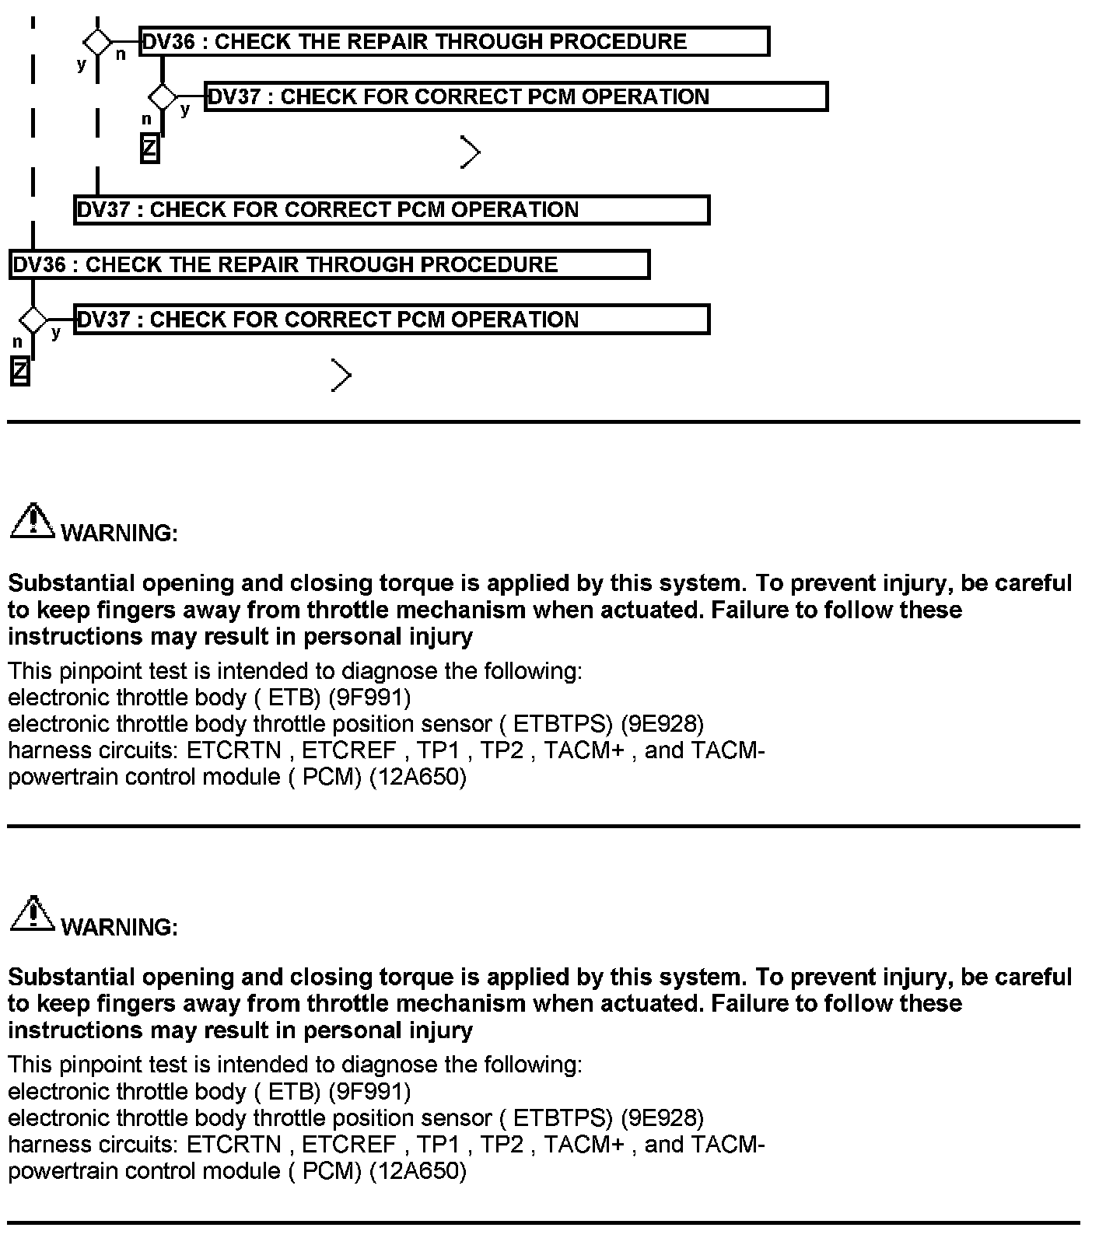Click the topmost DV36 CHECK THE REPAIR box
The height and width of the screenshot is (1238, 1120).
pos(454,42)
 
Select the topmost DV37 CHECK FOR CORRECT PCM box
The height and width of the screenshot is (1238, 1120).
pos(516,97)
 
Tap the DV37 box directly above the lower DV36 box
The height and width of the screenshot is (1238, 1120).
pos(392,210)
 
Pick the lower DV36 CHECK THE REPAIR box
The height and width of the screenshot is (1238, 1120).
pos(330,264)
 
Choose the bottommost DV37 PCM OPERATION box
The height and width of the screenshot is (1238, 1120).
pos(392,320)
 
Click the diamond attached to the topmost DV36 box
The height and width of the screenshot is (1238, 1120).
pos(97,42)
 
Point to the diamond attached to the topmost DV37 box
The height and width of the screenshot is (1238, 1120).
pos(163,97)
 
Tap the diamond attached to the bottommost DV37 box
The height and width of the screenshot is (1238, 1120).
pos(33,320)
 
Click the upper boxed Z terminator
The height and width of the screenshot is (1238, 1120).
pos(149,149)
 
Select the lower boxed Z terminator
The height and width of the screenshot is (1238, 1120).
pos(20,371)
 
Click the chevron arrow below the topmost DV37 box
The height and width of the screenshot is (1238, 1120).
pos(470,152)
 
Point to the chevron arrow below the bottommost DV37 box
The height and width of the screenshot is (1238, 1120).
pos(341,376)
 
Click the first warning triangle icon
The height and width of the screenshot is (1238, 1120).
pos(32,520)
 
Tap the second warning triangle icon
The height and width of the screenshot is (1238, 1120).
pos(32,914)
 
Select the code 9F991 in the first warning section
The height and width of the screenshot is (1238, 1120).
pos(369,698)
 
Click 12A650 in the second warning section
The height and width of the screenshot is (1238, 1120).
pos(417,1171)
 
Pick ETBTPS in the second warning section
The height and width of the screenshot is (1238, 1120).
pos(560,1118)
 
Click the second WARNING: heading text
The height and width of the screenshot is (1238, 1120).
pos(119,927)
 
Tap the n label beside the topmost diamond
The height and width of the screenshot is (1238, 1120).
pos(121,55)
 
